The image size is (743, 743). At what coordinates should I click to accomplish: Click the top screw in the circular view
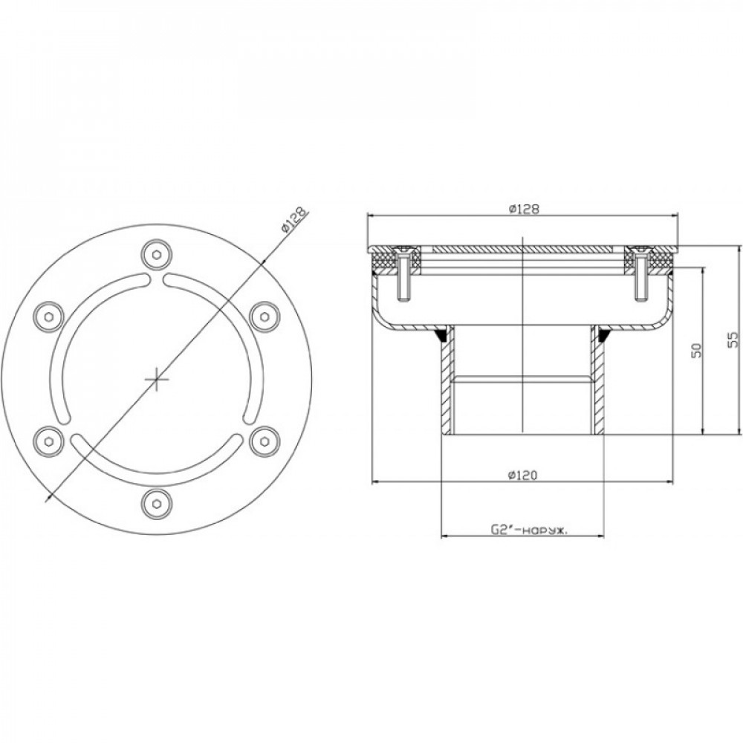pos(157,255)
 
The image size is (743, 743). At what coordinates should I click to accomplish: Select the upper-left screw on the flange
pos(50,317)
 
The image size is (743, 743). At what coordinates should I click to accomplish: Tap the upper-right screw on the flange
pos(264,317)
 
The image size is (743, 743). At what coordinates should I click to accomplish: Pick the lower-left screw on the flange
pos(50,441)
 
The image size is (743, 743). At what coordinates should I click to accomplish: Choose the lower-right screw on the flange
pos(264,441)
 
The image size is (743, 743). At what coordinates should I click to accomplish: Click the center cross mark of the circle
pos(157,379)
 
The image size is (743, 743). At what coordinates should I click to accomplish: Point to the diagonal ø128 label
pos(293,219)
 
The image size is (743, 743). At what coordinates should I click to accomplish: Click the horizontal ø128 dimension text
pos(523,209)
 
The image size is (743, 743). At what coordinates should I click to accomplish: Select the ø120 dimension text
pos(522,475)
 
